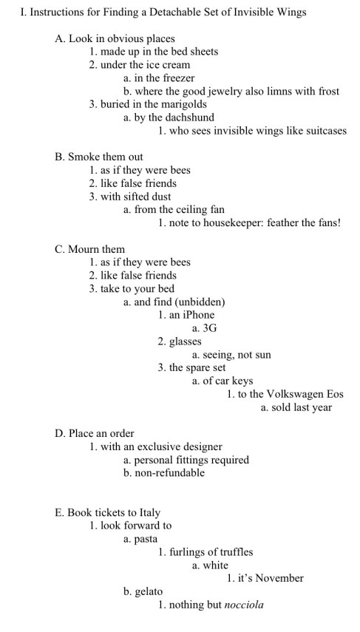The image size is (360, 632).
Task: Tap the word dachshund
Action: [x=188, y=117]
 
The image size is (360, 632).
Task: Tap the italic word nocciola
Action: [x=244, y=605]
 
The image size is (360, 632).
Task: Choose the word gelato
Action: [x=148, y=591]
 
